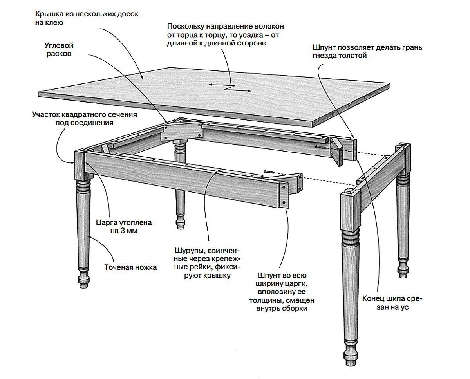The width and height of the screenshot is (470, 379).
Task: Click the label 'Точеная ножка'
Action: click(x=130, y=267)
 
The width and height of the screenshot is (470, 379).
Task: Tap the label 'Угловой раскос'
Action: click(x=59, y=50)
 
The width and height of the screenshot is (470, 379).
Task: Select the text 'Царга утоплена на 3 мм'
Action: click(x=124, y=227)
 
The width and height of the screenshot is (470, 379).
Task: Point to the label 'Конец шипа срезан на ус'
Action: click(x=392, y=303)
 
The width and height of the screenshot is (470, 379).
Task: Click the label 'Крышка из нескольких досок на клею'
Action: click(x=87, y=18)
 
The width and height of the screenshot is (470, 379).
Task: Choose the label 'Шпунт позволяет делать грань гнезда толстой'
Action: click(x=367, y=51)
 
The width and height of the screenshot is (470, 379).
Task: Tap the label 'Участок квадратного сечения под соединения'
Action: click(x=84, y=119)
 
